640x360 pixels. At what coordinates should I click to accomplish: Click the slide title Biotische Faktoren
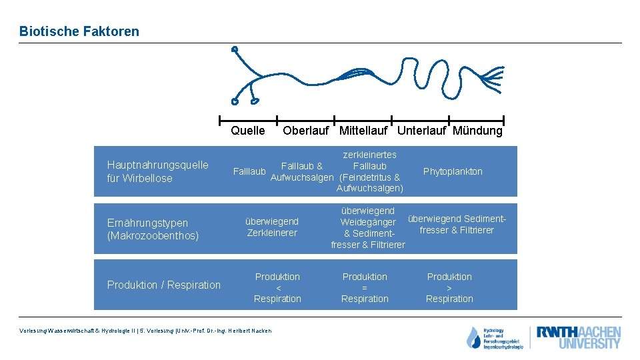[79, 31]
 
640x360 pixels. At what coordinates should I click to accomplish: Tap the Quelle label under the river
[247, 131]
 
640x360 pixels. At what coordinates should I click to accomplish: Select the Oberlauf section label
[305, 131]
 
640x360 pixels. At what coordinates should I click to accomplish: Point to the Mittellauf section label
[363, 131]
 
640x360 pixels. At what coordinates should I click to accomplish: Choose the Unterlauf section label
[421, 131]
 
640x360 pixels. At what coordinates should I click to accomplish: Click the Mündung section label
[477, 131]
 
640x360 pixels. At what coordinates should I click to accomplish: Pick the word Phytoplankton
[453, 171]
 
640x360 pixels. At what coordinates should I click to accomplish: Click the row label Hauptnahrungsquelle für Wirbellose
[157, 171]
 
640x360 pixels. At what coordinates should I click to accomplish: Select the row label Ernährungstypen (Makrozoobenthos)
[153, 229]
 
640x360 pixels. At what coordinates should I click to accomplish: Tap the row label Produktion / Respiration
[163, 285]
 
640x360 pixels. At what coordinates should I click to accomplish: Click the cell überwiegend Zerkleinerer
[272, 227]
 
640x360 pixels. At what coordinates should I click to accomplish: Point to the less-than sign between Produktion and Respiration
[277, 288]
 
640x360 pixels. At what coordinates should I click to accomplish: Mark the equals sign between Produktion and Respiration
[365, 288]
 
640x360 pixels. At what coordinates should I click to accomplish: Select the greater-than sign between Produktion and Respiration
[449, 288]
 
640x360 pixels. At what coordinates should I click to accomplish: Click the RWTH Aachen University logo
[579, 337]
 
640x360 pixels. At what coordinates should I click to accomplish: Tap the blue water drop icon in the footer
[473, 338]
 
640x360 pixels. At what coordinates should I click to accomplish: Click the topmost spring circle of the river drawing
[234, 49]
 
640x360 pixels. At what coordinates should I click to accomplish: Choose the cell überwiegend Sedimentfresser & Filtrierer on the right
[457, 224]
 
